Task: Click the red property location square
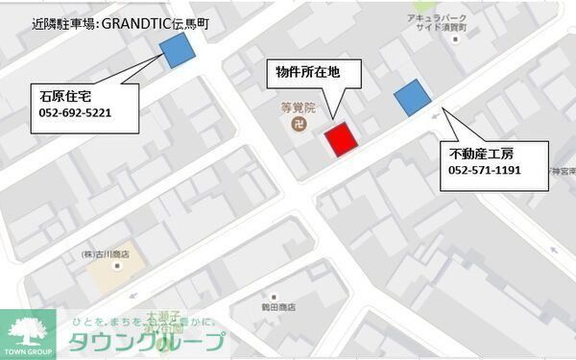340,139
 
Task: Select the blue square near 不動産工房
412,98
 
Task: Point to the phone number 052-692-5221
76,112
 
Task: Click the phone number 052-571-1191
484,170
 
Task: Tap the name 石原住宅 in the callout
66,95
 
